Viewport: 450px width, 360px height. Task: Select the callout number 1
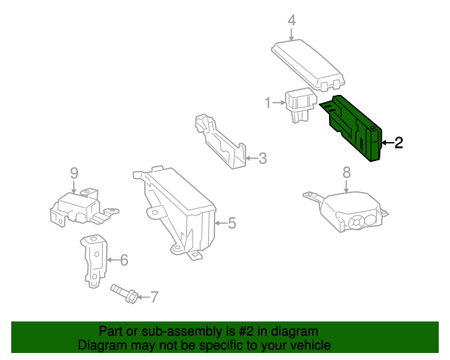pyautogui.click(x=268, y=103)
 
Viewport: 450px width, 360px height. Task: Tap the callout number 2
pyautogui.click(x=399, y=143)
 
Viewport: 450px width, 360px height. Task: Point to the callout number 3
pyautogui.click(x=262, y=159)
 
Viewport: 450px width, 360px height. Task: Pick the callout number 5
pyautogui.click(x=232, y=224)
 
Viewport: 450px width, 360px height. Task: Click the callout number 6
pyautogui.click(x=124, y=260)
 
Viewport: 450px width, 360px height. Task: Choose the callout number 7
pyautogui.click(x=155, y=297)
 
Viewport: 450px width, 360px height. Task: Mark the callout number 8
pyautogui.click(x=346, y=172)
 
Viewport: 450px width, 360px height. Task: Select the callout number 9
pyautogui.click(x=73, y=172)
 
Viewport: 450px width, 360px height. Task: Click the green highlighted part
pyautogui.click(x=355, y=127)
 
